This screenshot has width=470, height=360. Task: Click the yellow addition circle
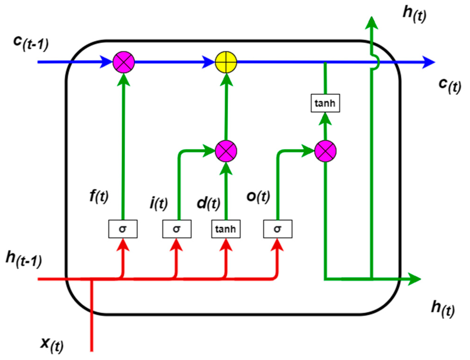pos(226,62)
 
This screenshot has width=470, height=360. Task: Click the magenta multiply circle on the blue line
pos(124,62)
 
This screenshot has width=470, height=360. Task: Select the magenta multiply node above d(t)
pos(226,151)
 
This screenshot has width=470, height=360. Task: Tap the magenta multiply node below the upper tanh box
pos(325,151)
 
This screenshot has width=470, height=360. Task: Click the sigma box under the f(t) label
pos(123,229)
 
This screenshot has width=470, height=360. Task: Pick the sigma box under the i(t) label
pos(177,229)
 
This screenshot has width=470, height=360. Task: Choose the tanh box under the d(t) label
pos(226,229)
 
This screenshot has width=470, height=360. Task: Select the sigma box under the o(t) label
pos(277,229)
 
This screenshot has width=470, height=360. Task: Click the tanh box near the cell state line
pos(325,103)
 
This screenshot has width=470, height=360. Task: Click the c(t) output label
pos(449,85)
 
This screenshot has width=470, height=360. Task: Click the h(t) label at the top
pos(414,14)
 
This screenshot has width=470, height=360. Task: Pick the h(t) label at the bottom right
pos(443,309)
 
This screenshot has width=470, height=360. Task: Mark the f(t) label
pos(99,196)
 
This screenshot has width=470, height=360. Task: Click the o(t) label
pos(258,196)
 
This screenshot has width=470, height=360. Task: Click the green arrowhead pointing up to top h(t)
pos(372,23)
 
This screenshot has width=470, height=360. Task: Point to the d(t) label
pos(208,203)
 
